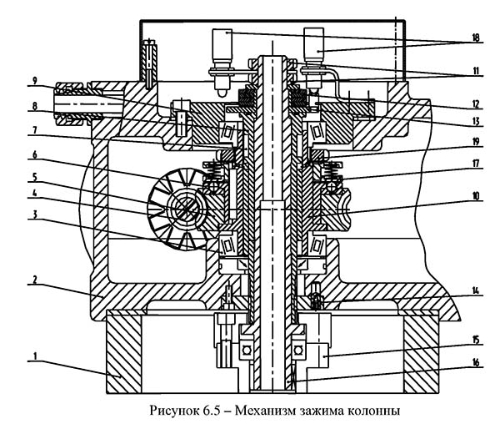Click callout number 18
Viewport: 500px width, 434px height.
[475, 38]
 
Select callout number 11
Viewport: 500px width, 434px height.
[476, 71]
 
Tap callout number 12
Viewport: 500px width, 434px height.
[476, 104]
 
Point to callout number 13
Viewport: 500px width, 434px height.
[476, 121]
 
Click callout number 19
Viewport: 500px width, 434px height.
[476, 141]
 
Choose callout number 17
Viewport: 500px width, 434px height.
[476, 164]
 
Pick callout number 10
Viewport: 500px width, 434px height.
[476, 196]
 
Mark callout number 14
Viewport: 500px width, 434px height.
[476, 290]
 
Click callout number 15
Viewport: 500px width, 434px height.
[476, 340]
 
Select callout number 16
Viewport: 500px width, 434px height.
[476, 362]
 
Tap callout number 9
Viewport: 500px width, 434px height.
[35, 80]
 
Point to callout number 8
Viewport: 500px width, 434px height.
[35, 106]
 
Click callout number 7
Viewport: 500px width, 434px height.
[35, 131]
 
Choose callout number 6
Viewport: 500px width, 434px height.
[35, 155]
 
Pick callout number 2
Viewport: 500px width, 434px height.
[35, 280]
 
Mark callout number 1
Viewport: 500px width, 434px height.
[35, 356]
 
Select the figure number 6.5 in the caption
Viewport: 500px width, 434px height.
[212, 411]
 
